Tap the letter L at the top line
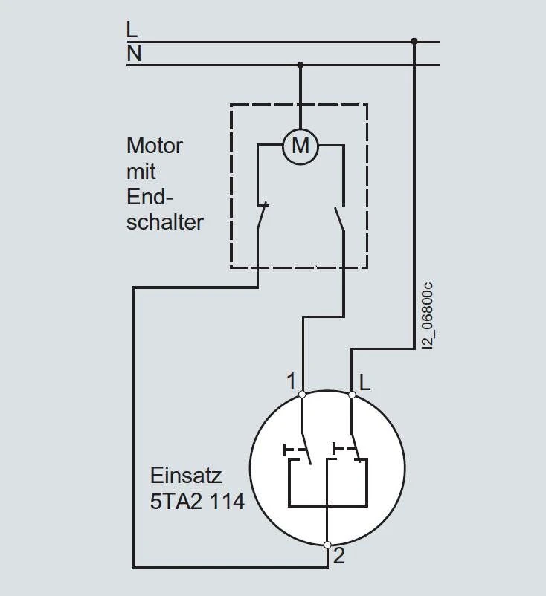132,30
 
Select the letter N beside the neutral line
134,54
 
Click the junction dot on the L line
414,42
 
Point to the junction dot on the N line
301,65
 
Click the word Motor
154,145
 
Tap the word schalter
164,221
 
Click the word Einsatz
186,475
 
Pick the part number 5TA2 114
197,502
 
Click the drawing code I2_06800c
426,315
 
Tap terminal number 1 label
292,381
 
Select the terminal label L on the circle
364,382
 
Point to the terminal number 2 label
339,554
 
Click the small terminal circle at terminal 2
327,545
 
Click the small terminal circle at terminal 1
302,394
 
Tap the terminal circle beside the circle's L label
352,394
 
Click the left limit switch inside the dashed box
260,216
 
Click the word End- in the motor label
150,196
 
